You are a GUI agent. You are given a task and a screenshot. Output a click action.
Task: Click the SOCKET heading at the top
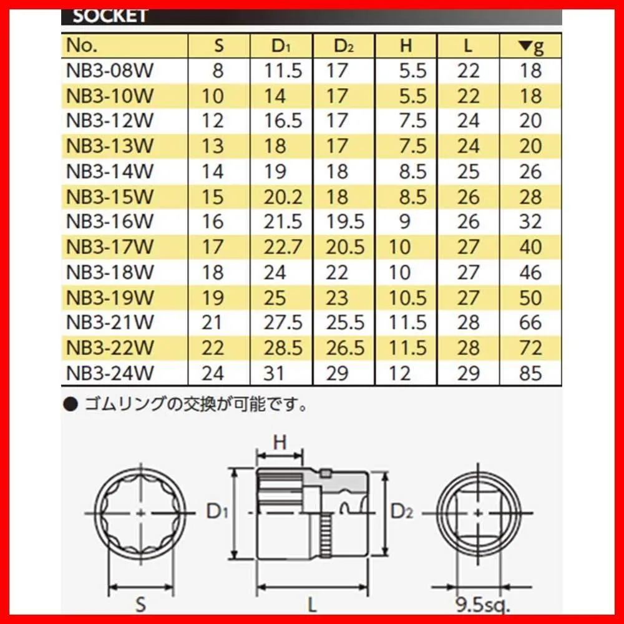(110, 16)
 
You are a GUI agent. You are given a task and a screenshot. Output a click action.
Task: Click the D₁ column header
(281, 46)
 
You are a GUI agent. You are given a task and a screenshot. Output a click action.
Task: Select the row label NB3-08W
(110, 71)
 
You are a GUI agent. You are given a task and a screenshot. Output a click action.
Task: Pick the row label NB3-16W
(110, 222)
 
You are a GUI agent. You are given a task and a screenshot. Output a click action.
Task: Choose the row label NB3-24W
(110, 373)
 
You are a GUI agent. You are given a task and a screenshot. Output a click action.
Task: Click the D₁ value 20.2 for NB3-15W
(283, 197)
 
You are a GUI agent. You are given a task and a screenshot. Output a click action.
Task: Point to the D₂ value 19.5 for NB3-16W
(345, 222)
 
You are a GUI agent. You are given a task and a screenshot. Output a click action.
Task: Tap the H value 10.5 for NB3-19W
(407, 298)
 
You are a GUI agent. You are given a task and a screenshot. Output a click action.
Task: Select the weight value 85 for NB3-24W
(530, 373)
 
